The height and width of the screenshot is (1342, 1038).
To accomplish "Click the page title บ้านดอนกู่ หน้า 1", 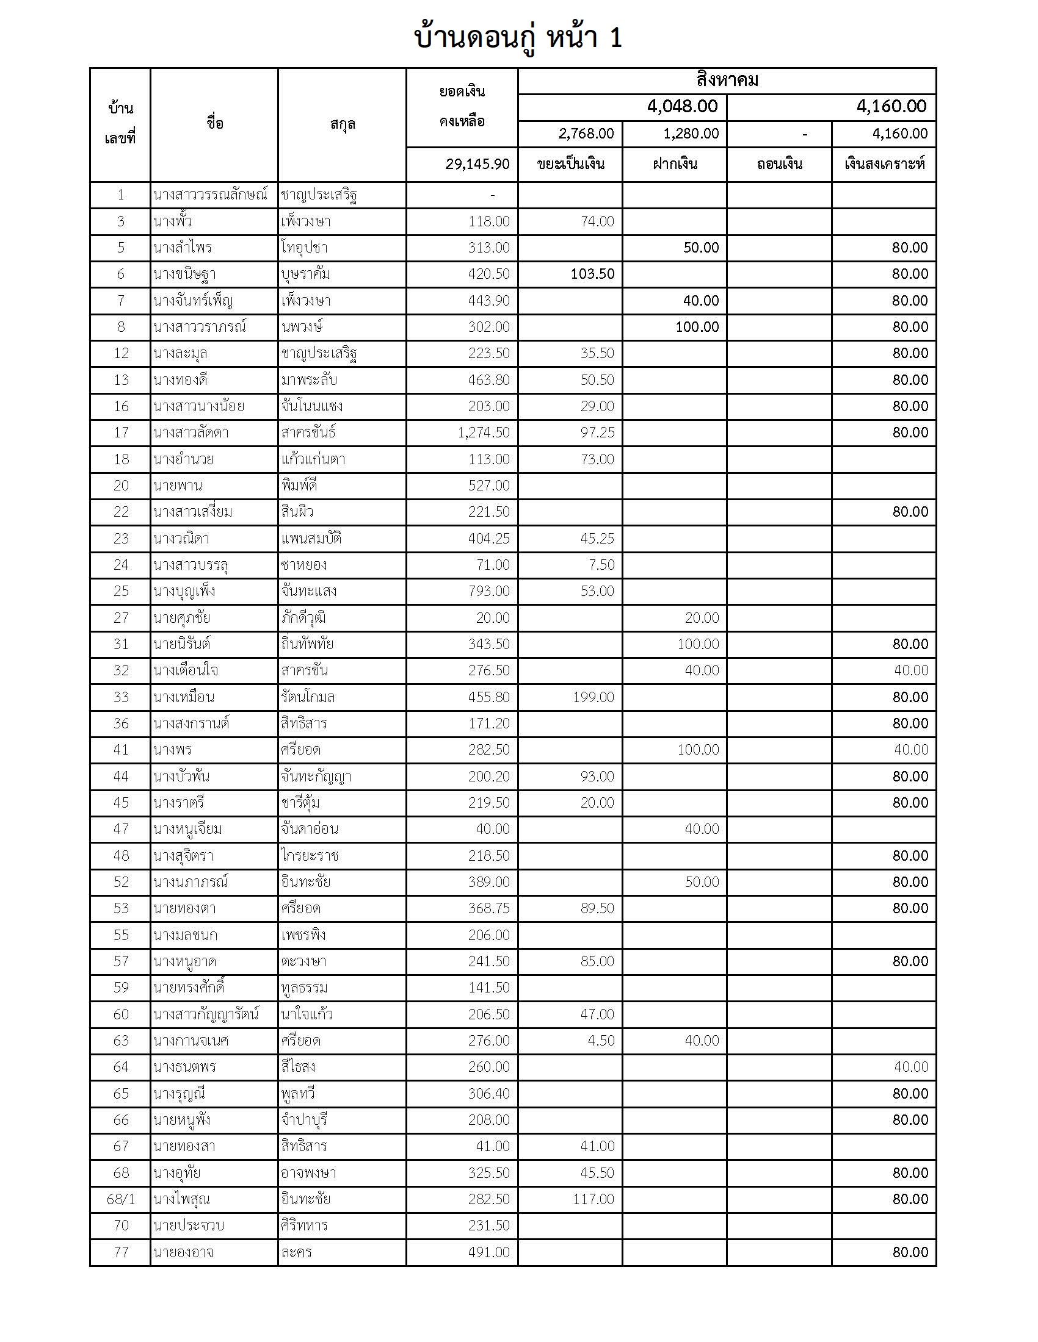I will coord(518,38).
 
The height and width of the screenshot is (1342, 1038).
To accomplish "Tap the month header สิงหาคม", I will coord(727,81).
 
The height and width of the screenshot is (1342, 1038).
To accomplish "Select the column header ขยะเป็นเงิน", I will coord(570,164).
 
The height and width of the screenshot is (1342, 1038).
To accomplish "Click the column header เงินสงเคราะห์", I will coord(884,164).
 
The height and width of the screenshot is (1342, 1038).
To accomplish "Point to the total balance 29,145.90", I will coord(477,164).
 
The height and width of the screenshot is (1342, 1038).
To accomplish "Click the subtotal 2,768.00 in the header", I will coord(586,134).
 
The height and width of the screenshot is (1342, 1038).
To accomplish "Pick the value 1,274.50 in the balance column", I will coord(484,432).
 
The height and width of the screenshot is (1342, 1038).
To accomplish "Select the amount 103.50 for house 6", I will coord(592,274).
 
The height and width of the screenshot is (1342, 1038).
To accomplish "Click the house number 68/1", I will coord(120,1199).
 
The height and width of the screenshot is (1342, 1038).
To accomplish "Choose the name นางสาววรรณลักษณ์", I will coord(210,195).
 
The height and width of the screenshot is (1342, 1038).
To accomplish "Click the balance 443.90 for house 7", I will coord(488,301).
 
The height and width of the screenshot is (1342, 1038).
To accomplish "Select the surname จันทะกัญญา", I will coord(316,776).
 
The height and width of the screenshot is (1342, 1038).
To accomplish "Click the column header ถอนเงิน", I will coord(779,164).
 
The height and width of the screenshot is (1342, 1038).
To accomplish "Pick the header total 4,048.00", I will coord(682,107).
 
